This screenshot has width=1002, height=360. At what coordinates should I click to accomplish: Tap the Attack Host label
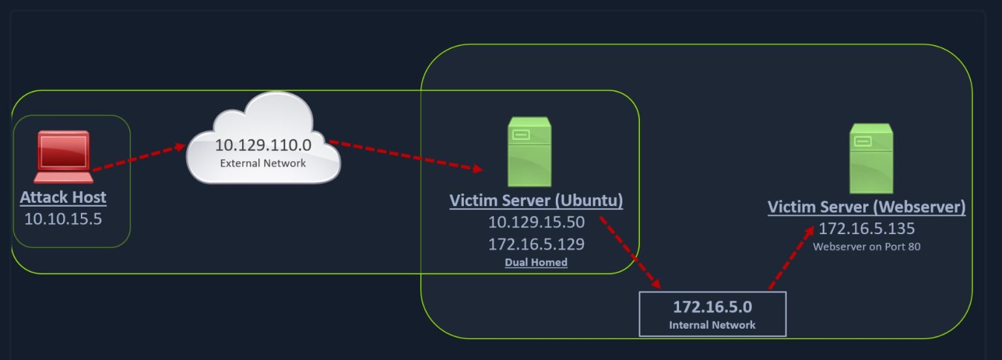point(63,197)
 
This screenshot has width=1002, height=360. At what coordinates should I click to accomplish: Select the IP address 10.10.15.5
point(63,218)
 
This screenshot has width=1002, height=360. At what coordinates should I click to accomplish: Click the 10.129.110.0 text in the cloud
point(263,145)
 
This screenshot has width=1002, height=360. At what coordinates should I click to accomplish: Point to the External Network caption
point(263,163)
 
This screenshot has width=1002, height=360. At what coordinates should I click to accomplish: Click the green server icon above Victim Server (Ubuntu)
point(529,152)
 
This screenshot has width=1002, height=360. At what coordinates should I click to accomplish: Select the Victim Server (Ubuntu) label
point(536,200)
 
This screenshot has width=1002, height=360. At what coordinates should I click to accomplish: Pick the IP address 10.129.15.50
point(536,222)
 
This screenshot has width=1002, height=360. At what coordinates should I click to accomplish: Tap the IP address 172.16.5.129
point(536,245)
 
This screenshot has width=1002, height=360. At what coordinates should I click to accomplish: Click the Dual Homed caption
point(536,263)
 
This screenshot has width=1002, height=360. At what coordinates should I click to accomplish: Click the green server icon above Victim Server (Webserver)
point(871,158)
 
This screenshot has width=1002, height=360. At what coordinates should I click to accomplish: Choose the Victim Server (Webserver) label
point(866,207)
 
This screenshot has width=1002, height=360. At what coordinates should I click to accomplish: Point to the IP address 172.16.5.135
point(866,229)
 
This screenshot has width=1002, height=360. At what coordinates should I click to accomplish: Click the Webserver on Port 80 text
point(866,247)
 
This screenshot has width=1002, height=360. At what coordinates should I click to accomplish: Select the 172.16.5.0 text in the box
point(712,306)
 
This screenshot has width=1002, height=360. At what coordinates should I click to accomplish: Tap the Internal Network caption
point(712,325)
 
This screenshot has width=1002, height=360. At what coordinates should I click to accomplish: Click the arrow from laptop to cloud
point(139,158)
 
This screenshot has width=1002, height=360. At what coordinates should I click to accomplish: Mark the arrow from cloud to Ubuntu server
point(404,155)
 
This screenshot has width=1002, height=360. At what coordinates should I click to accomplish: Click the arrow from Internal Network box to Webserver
point(791,258)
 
